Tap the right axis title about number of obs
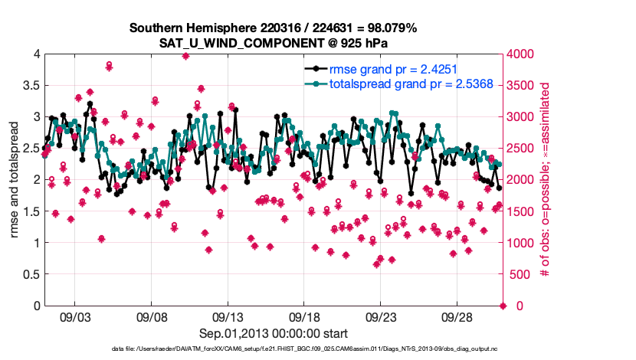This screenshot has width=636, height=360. (x=546, y=180)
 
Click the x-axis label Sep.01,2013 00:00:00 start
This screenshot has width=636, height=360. (x=274, y=333)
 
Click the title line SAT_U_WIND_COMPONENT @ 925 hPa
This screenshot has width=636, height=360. (x=273, y=42)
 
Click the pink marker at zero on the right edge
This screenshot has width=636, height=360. (x=503, y=306)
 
